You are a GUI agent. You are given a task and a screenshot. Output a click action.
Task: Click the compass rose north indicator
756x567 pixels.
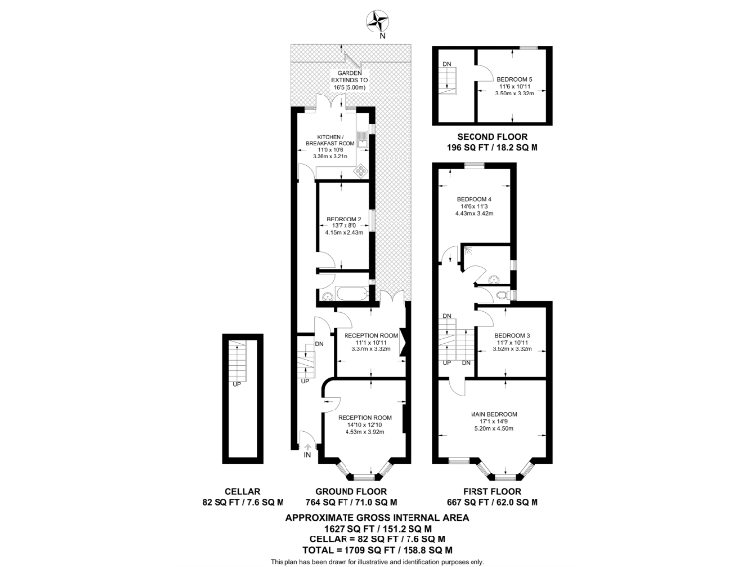pos(377,21)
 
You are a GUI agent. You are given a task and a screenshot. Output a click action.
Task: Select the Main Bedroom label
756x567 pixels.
pos(495,414)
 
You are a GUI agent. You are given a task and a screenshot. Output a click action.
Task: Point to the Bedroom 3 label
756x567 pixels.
pos(512,336)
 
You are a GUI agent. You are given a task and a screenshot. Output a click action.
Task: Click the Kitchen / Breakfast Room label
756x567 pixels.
pos(331,141)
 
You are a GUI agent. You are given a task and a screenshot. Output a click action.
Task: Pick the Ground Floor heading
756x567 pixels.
pos(349,491)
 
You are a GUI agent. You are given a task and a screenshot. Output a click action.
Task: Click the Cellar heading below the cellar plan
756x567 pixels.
pos(242,491)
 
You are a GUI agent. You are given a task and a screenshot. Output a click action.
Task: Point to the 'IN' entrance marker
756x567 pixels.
pos(307,455)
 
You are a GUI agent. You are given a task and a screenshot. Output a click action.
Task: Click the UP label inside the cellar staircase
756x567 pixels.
pos(236,384)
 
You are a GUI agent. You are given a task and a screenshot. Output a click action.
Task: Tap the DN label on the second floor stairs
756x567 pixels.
pos(447,64)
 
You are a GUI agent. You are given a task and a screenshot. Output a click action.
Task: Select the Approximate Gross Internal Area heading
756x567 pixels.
pos(377,517)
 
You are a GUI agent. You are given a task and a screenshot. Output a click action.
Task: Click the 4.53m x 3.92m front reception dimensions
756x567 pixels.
pos(365,430)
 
